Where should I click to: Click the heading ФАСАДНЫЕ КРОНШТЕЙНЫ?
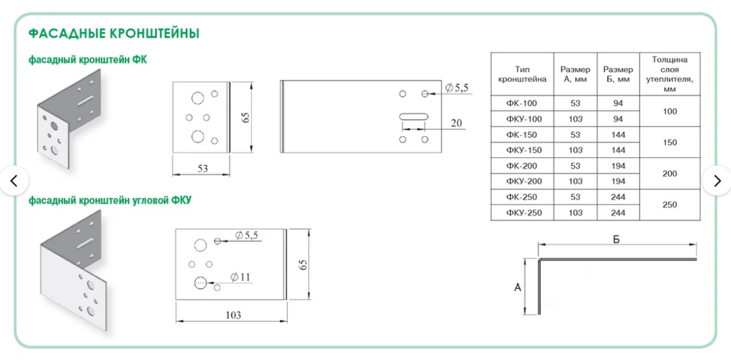pos(114,33)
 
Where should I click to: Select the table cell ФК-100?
pos(522,103)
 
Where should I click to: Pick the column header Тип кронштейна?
pos(522,74)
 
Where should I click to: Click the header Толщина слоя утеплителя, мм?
pos(669,74)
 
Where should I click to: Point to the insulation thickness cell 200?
pos(669,173)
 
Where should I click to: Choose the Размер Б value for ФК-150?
pos(618,135)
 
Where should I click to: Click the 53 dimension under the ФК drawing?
pos(203,169)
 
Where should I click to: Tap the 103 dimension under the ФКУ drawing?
pos(233,315)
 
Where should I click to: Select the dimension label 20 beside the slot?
pos(456,123)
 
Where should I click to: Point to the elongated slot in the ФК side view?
pos(414,116)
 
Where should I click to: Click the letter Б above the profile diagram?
pos(616,239)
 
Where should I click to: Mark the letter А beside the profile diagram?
pos(518,288)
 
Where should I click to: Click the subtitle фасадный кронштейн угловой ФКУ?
pos(110,200)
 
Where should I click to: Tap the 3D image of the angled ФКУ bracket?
pos(73,273)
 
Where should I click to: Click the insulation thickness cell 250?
pos(669,205)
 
